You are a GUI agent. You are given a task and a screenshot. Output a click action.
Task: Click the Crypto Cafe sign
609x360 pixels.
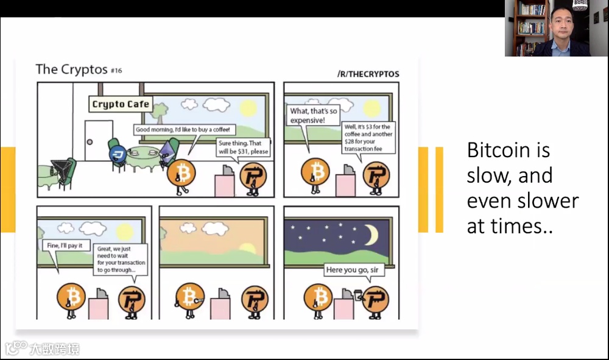click(x=121, y=104)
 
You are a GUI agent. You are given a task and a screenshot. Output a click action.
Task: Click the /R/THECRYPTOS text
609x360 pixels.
click(x=368, y=74)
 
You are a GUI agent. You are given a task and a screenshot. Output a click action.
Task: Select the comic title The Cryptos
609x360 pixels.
click(x=71, y=69)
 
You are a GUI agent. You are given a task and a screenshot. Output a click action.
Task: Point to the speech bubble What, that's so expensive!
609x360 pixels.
click(x=313, y=116)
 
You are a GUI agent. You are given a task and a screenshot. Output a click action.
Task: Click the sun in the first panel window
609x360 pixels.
click(x=247, y=108)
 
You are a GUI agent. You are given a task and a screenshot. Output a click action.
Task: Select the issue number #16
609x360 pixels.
click(x=116, y=71)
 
